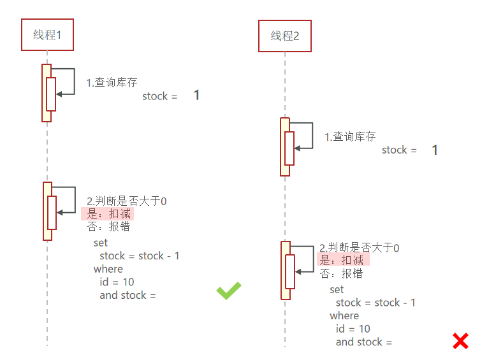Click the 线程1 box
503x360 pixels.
click(47, 35)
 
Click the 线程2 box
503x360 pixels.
click(284, 36)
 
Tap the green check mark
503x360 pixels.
click(229, 291)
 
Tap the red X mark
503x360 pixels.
click(460, 341)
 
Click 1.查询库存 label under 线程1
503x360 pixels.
click(112, 83)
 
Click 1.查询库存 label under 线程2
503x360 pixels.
click(350, 136)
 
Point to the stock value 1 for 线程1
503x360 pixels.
click(196, 96)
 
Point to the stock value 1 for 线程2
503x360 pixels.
click(435, 150)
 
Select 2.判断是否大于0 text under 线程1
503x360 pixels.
click(127, 201)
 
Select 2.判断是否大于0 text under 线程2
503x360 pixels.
click(360, 248)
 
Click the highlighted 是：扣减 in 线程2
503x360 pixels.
click(343, 260)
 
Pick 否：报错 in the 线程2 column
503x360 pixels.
click(342, 273)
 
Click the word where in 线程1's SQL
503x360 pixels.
click(108, 269)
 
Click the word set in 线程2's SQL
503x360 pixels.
click(337, 289)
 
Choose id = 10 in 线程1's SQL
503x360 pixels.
click(117, 282)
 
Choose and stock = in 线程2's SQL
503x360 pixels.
click(363, 342)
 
